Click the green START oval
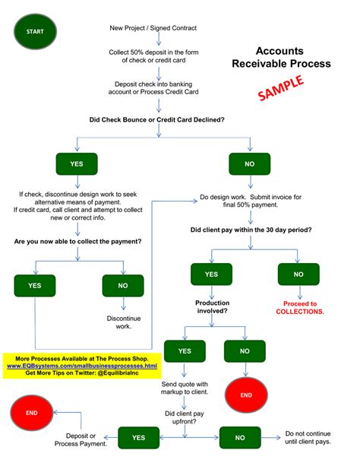tap(35, 32)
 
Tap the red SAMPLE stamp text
tap(282, 87)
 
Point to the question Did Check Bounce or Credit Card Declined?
tap(158, 119)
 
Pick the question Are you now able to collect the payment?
tap(80, 242)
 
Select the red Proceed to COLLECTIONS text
tap(299, 307)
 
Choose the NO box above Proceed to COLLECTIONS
tap(298, 274)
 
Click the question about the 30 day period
tap(251, 230)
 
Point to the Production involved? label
tap(213, 307)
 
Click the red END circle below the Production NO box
tap(245, 395)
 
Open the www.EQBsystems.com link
tap(82, 365)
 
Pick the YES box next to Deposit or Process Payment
tap(138, 437)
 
